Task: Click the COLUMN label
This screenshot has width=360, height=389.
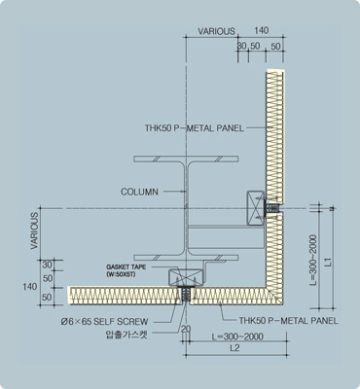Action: click(139, 192)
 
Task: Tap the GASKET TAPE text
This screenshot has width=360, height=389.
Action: click(126, 267)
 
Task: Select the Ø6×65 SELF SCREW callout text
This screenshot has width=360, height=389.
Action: click(104, 322)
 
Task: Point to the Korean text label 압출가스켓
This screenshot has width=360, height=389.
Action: click(126, 335)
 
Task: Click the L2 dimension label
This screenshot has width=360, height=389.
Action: click(234, 348)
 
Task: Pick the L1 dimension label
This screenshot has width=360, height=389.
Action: click(329, 262)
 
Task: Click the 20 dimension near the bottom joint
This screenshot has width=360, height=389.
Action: click(186, 329)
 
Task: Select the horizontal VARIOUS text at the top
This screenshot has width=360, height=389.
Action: click(217, 31)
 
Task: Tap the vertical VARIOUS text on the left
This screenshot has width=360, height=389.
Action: click(34, 230)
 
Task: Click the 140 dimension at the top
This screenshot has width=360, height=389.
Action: click(262, 30)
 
